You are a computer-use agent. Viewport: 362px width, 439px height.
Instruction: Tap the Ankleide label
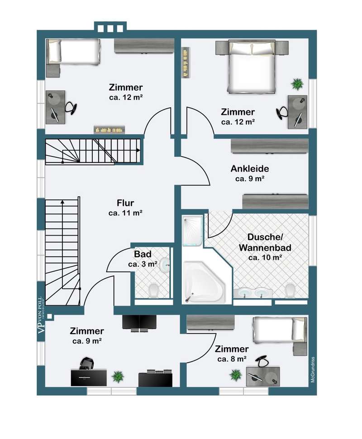(x=250, y=169)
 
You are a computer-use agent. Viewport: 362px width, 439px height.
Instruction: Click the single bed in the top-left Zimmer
(x=73, y=51)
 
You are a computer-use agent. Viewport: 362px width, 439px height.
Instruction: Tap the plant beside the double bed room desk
(x=297, y=84)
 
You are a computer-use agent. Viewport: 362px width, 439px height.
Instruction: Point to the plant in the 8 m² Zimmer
(x=235, y=374)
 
